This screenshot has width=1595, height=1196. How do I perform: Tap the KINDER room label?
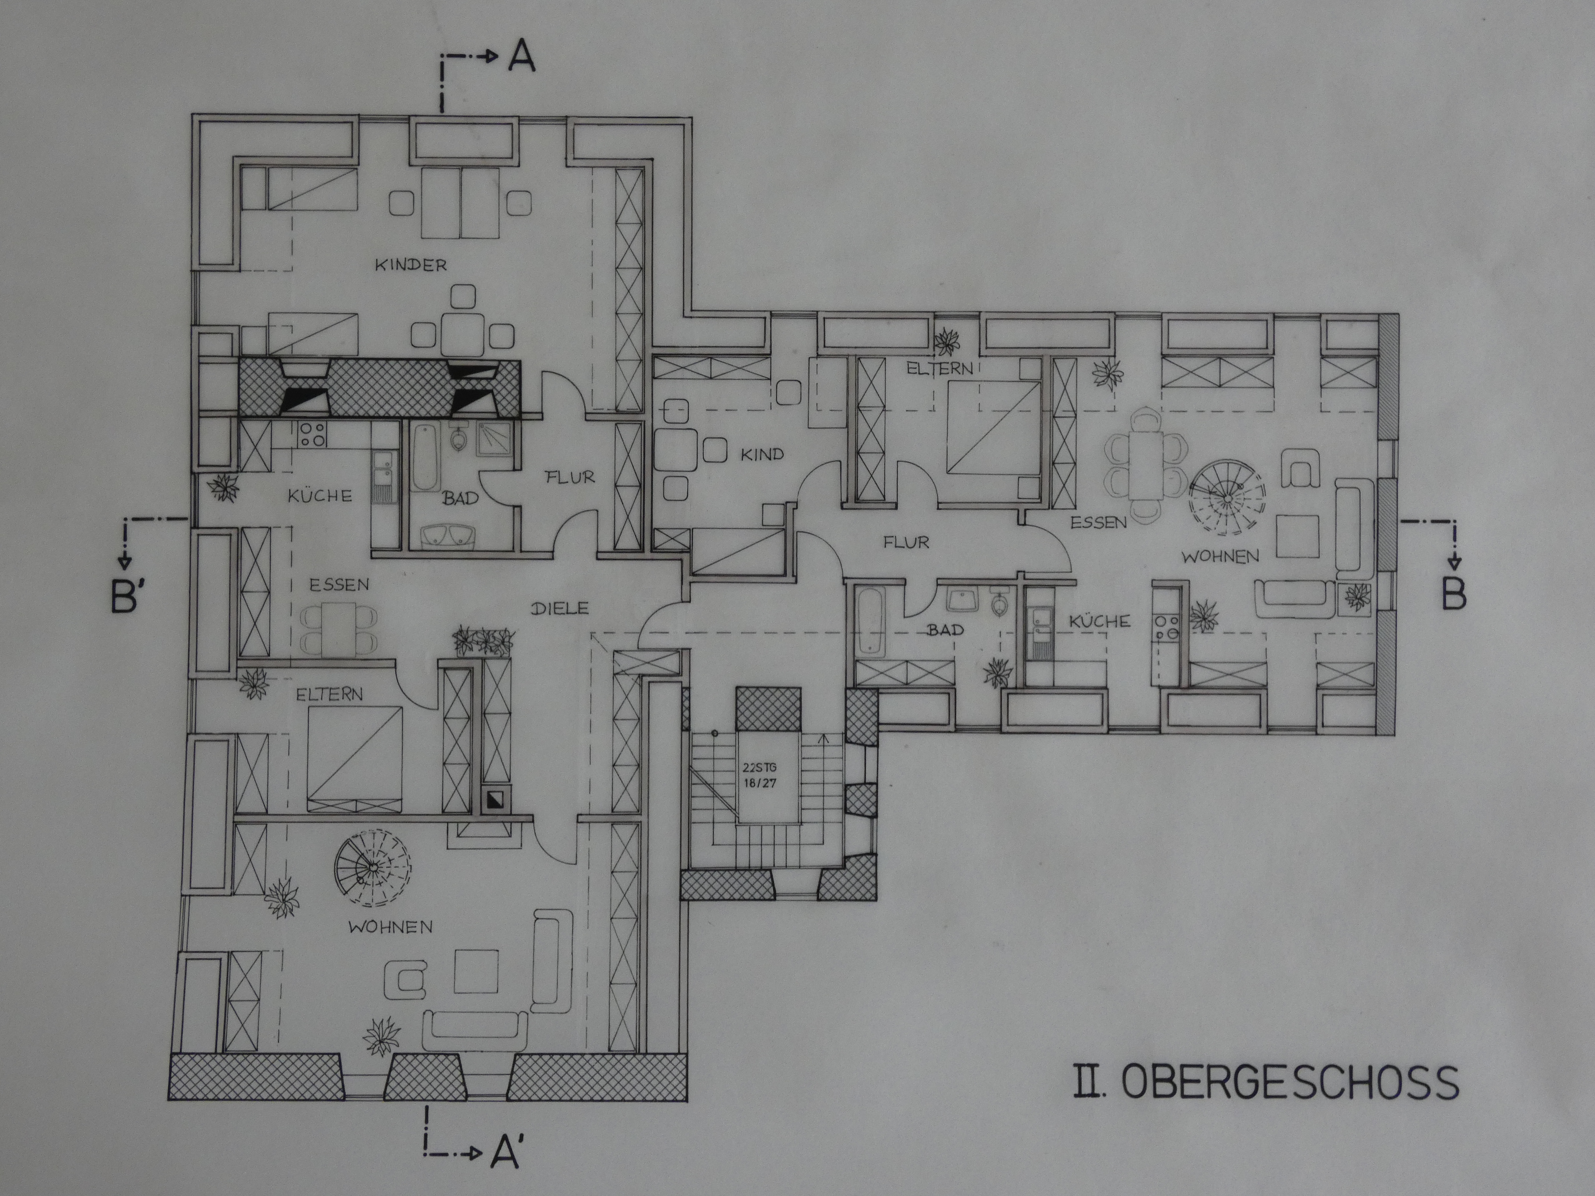410,265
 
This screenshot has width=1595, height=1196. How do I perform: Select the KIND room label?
762,455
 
